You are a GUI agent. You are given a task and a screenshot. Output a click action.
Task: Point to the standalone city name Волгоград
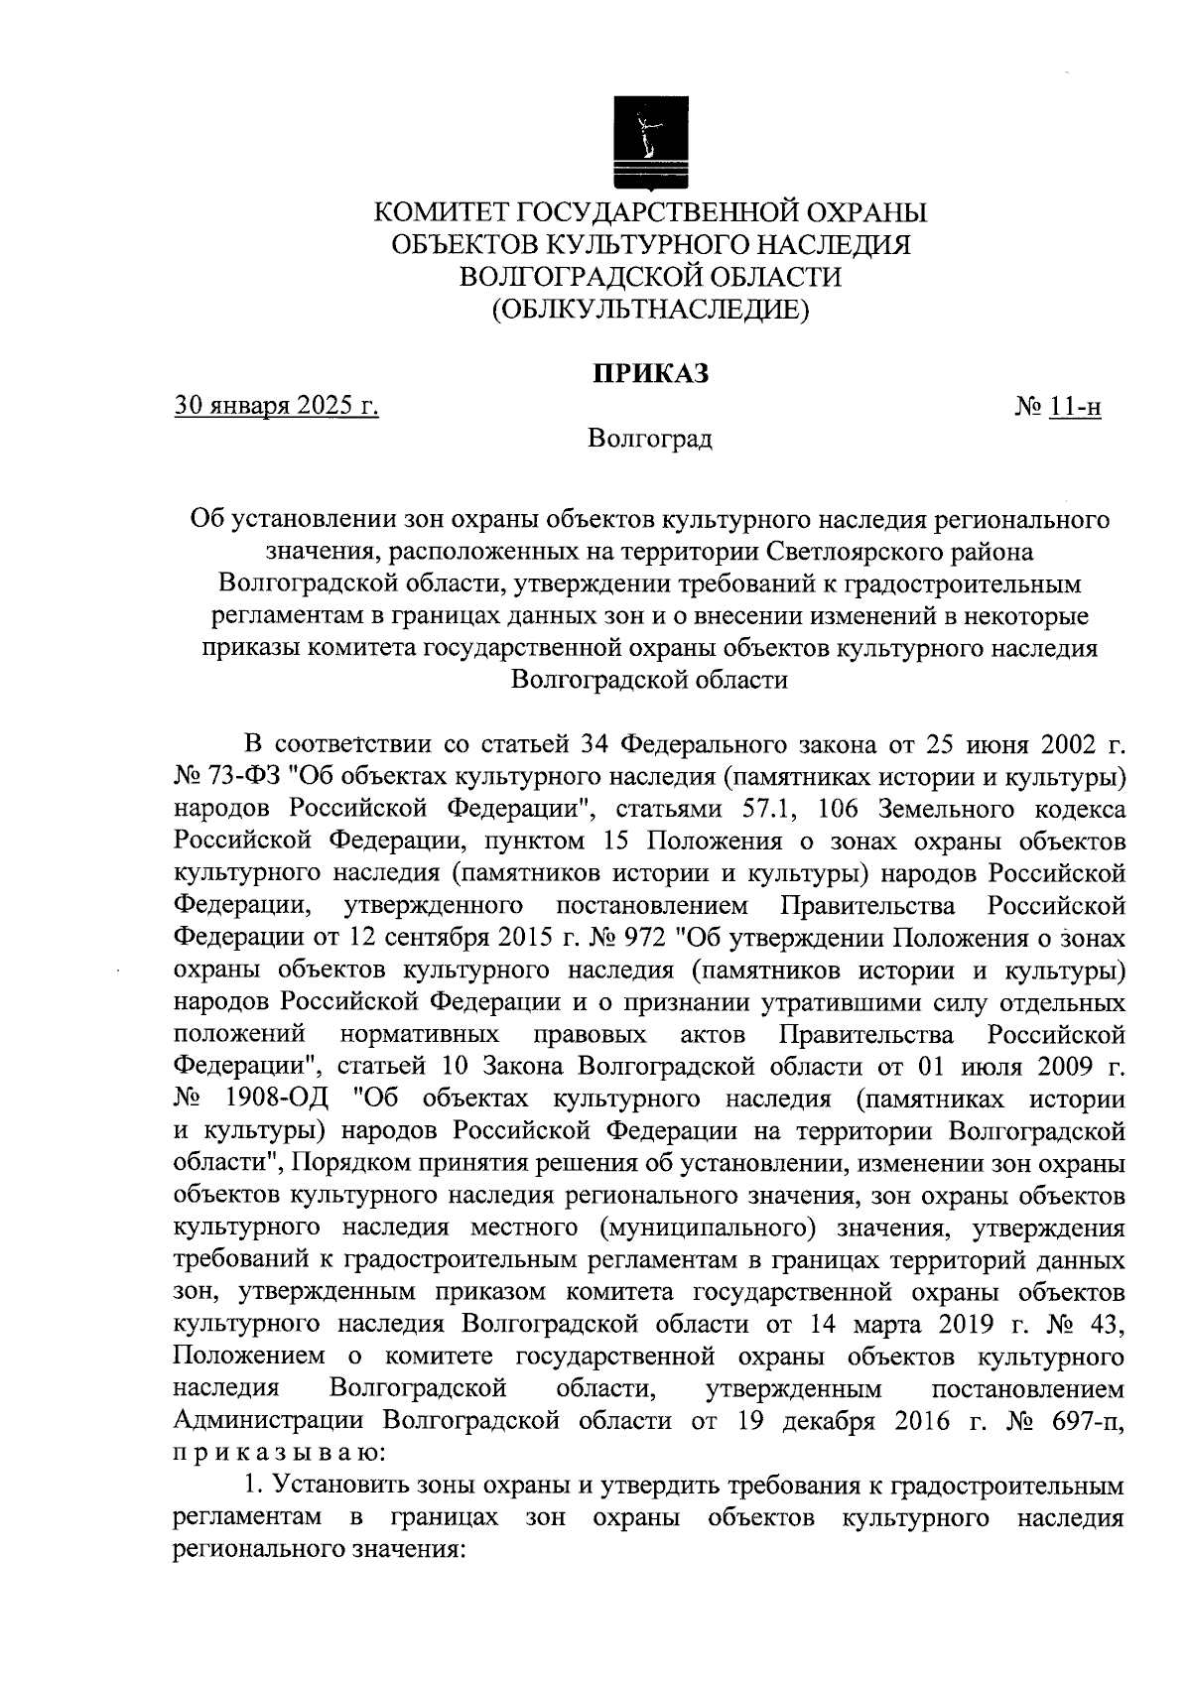[x=650, y=438]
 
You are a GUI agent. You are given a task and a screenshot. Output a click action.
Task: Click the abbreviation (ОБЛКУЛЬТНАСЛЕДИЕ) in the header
[x=651, y=310]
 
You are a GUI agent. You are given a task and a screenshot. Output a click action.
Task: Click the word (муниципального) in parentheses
[x=709, y=1229]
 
